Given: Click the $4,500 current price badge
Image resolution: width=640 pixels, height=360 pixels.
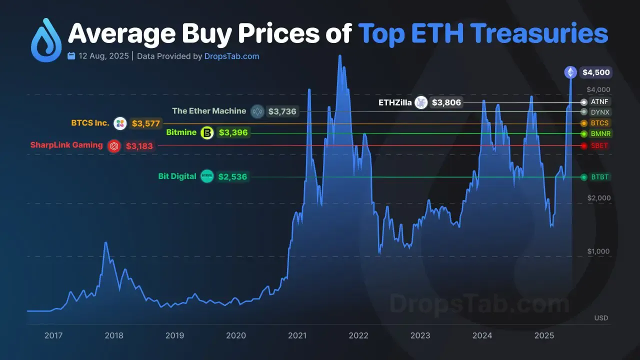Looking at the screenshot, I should tap(596, 72).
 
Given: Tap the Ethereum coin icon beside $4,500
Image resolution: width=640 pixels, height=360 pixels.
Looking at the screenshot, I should tap(570, 72).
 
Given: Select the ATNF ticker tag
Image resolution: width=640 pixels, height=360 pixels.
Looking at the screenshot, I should tap(600, 101).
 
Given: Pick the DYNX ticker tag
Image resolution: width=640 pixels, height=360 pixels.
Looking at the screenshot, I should tap(600, 112).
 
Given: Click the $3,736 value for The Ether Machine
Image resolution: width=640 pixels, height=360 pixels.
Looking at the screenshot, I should tap(282, 111).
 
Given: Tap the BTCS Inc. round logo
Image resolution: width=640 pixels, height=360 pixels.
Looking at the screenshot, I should tap(120, 123).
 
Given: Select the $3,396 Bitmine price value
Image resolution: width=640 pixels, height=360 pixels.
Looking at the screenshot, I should tap(233, 133).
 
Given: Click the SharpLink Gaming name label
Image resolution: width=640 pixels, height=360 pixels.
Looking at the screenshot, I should tap(66, 145).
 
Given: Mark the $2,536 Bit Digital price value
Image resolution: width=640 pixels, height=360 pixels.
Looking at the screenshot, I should tap(232, 176).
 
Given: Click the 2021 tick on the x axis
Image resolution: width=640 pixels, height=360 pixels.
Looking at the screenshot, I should tap(297, 335).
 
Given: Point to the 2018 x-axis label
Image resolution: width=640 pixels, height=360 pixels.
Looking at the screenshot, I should tap(114, 335).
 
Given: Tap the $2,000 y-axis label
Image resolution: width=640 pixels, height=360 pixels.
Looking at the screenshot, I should tap(598, 198).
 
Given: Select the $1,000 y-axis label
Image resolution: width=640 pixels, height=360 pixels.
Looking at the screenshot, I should tap(598, 251).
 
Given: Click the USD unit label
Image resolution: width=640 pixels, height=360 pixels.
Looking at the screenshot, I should tap(601, 318).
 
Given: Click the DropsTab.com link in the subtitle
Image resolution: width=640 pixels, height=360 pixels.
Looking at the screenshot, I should tap(232, 56).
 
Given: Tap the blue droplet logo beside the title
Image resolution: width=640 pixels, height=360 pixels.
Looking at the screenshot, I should tap(46, 41).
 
